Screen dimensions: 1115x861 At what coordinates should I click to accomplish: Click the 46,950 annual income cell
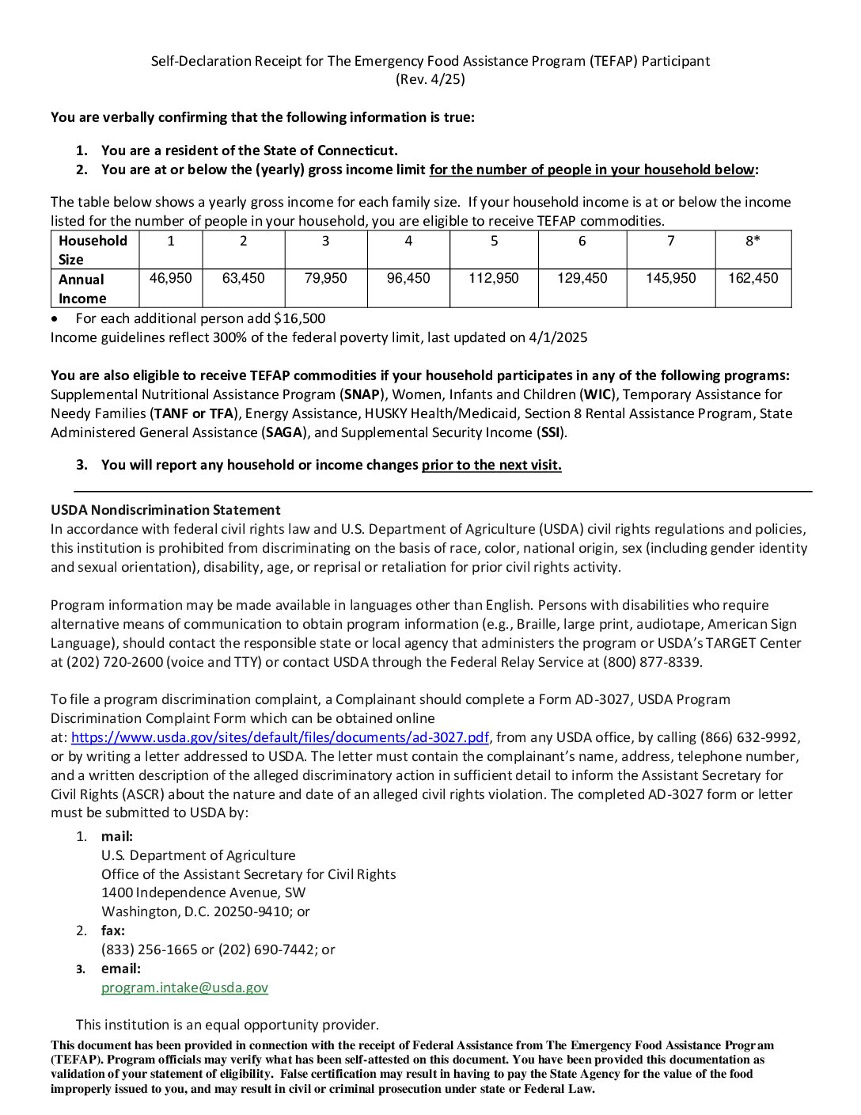pos(170,279)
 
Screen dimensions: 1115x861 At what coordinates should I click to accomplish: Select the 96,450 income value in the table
pos(408,279)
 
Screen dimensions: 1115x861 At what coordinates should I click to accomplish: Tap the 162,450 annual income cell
pos(753,279)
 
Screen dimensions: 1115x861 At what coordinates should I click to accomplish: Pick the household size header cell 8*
pos(753,241)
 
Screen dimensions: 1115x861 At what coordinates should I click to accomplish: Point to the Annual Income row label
pos(82,289)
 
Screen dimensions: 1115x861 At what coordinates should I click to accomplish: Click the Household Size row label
pos(93,250)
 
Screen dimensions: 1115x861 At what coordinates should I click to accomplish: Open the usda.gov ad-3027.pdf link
pos(280,737)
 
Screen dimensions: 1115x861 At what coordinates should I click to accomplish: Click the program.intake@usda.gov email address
pos(184,988)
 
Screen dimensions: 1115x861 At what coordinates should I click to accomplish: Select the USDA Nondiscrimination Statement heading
pos(165,510)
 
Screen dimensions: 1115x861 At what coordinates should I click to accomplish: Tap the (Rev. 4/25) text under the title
pos(430,79)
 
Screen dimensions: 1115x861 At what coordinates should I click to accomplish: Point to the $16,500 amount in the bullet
pos(299,318)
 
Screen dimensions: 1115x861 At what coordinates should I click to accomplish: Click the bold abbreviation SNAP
pos(362,394)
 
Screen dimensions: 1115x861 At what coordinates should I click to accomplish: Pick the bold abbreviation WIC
pos(598,394)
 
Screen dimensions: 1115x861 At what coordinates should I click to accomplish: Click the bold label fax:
pos(113,930)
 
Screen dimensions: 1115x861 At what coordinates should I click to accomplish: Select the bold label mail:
pos(117,836)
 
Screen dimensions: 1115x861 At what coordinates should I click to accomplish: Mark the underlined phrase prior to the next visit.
pos(491,465)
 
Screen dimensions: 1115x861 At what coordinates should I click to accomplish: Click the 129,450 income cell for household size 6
pos(582,279)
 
